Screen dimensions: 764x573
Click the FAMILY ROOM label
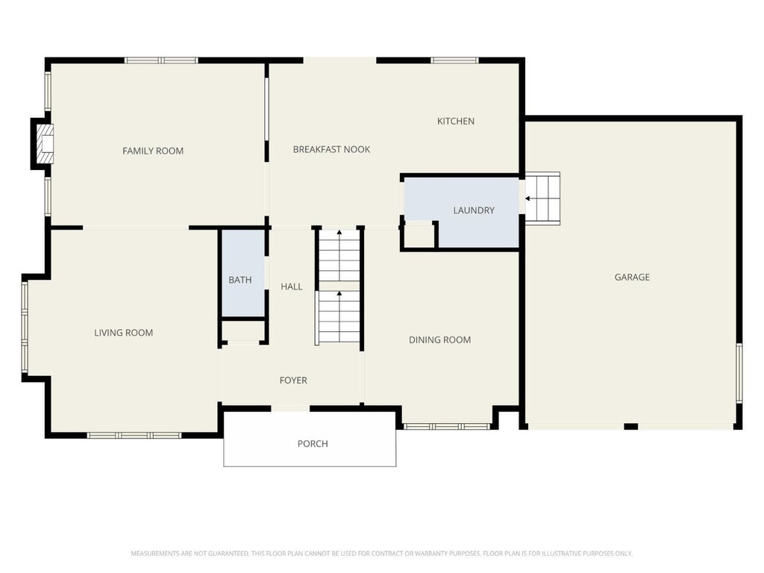pyautogui.click(x=153, y=151)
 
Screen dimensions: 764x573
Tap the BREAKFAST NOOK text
pyautogui.click(x=331, y=149)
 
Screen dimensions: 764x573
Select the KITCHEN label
pyautogui.click(x=456, y=122)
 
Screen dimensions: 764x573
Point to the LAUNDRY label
pyautogui.click(x=474, y=210)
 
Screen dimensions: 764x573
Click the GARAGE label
pyautogui.click(x=632, y=278)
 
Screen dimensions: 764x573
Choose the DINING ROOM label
pyautogui.click(x=439, y=340)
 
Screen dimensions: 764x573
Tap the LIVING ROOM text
pyautogui.click(x=123, y=333)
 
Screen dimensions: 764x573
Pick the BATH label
pyautogui.click(x=239, y=281)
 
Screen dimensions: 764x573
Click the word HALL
pyautogui.click(x=292, y=287)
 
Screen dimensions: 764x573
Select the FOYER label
pyautogui.click(x=293, y=381)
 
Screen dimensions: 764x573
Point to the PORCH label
pyautogui.click(x=313, y=444)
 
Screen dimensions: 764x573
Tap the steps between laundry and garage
pyautogui.click(x=542, y=198)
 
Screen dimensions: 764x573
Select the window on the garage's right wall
pyautogui.click(x=739, y=373)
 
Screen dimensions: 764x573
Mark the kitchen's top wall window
pyautogui.click(x=454, y=60)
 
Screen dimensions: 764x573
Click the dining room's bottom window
pyautogui.click(x=447, y=427)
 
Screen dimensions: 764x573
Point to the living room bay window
pyautogui.click(x=25, y=328)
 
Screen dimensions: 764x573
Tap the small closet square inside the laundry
pyautogui.click(x=419, y=236)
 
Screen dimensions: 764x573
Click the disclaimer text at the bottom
pyautogui.click(x=381, y=554)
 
